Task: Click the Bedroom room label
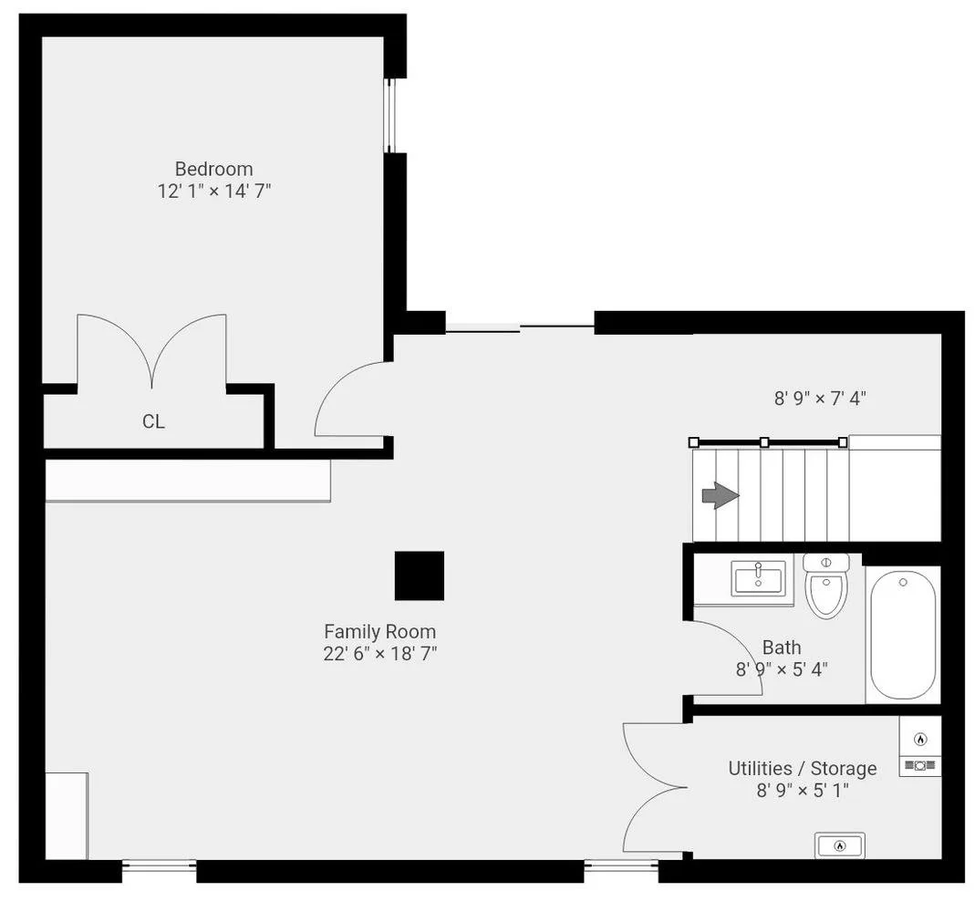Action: [x=213, y=169]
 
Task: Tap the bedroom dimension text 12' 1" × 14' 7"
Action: [x=214, y=191]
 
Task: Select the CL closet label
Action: [x=153, y=421]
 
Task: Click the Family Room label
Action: [x=379, y=632]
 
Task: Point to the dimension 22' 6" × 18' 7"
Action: [x=380, y=654]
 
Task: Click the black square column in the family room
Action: [x=420, y=575]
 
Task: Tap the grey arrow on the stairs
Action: [x=721, y=495]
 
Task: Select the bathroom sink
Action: [x=758, y=578]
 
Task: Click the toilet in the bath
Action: [x=826, y=586]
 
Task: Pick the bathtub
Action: [x=902, y=636]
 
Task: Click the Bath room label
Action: [x=782, y=648]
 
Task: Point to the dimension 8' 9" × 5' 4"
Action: [x=782, y=669]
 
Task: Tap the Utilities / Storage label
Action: [x=802, y=769]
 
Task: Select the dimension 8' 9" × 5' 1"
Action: [x=802, y=791]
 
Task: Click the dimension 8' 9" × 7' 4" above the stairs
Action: [x=820, y=398]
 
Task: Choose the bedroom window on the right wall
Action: [x=389, y=116]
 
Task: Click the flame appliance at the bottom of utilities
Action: [x=840, y=845]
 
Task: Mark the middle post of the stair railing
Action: [x=764, y=442]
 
